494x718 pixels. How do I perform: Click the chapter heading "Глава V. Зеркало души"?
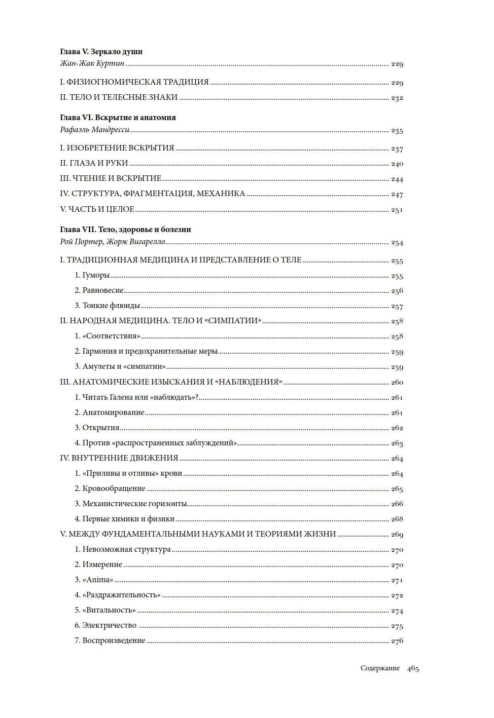[101, 52]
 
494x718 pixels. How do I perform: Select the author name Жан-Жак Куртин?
[92, 63]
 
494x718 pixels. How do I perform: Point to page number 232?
[397, 98]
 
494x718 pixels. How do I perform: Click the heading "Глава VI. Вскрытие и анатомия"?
[118, 118]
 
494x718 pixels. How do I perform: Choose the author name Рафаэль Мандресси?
[94, 130]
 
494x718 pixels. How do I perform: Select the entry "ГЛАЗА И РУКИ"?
[98, 163]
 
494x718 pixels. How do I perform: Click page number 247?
[397, 194]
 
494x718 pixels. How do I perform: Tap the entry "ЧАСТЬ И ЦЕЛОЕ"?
[101, 209]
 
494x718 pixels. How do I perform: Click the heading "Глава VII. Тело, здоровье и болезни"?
[125, 230]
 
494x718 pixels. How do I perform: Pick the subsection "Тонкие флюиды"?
[111, 306]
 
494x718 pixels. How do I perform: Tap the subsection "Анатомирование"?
[113, 412]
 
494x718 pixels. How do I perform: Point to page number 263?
[397, 443]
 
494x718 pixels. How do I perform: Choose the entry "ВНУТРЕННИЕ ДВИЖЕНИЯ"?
[124, 458]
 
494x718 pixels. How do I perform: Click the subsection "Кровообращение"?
[114, 488]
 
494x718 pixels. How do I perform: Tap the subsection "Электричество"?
[109, 625]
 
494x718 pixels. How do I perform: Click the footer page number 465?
[413, 668]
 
